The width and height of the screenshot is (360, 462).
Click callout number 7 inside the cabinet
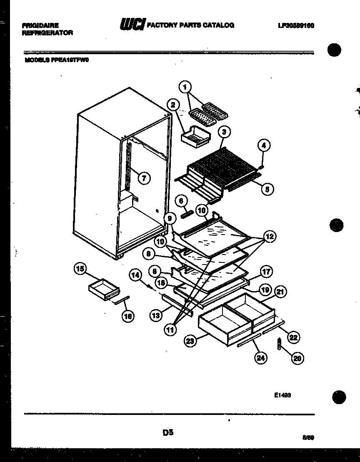pyautogui.click(x=143, y=178)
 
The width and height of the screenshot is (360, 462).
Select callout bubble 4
pyautogui.click(x=263, y=145)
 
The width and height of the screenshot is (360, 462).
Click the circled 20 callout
pyautogui.click(x=297, y=358)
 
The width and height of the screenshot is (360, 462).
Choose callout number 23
pyautogui.click(x=190, y=341)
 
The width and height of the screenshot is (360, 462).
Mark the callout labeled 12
pyautogui.click(x=269, y=237)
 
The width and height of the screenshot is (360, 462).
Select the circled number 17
pyautogui.click(x=267, y=272)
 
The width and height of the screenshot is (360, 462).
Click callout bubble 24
pyautogui.click(x=261, y=358)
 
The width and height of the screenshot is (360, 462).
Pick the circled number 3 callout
pyautogui.click(x=224, y=132)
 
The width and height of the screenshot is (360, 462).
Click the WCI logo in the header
pyautogui.click(x=132, y=25)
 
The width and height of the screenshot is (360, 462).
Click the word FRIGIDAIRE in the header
pyautogui.click(x=40, y=25)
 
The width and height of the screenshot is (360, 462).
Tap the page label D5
pyautogui.click(x=168, y=433)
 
